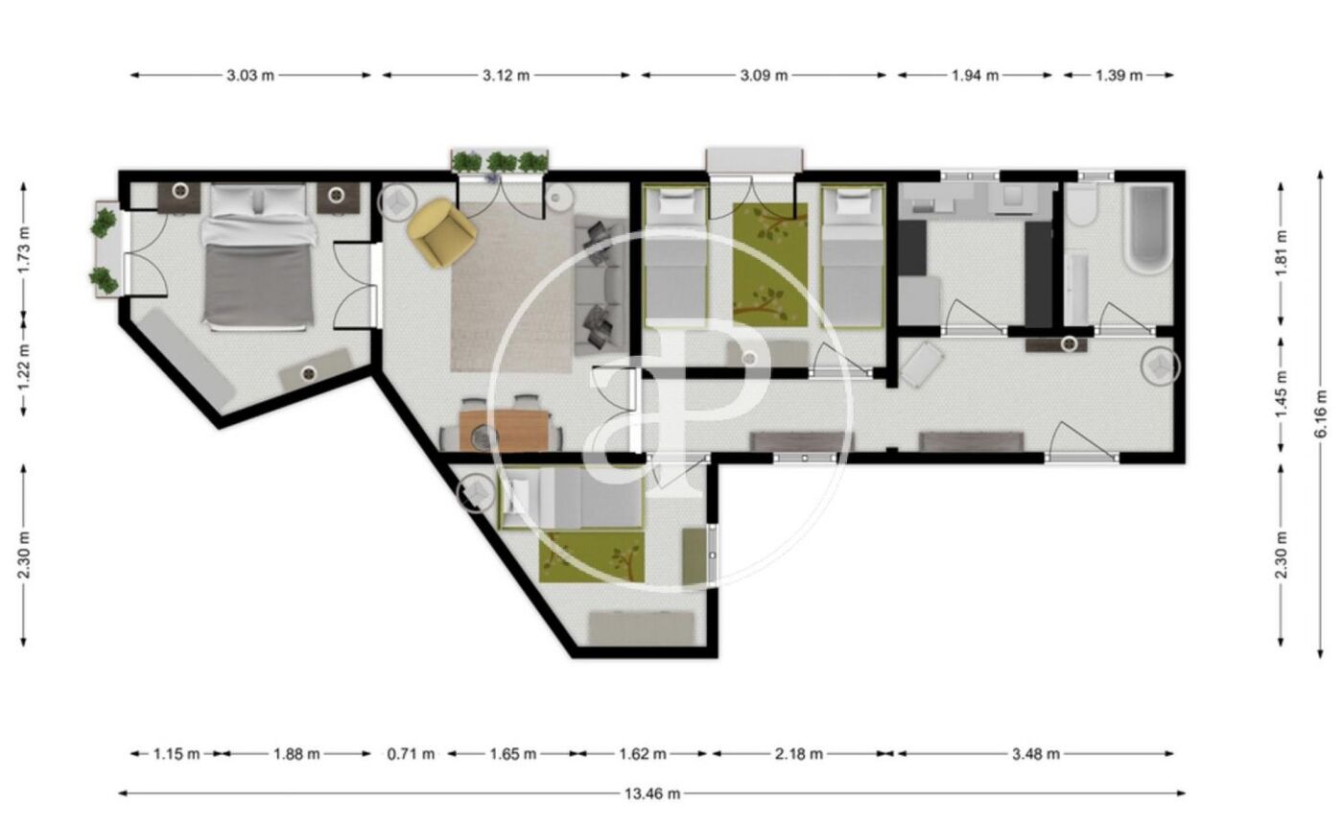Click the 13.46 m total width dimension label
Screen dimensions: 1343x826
coord(652,793)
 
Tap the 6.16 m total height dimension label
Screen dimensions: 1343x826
coord(1321,413)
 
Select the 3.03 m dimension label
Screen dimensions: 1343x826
coord(250,76)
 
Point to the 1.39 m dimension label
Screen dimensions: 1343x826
coord(1119,76)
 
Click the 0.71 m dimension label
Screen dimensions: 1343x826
coord(411,753)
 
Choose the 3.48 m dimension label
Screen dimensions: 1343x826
coord(1035,753)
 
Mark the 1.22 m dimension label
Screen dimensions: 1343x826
coord(24,366)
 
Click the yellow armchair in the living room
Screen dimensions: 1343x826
coord(442,232)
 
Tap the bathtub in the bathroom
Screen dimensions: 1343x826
coord(1148,228)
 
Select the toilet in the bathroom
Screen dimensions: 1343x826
coord(1082,204)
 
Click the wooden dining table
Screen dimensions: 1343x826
coord(505,430)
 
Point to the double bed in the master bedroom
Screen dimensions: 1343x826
coord(258,257)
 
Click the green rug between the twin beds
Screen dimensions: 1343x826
coord(770,265)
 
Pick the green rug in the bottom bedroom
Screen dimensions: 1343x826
coord(592,556)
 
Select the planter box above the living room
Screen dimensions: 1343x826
coord(500,162)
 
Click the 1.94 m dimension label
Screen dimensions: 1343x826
coord(975,76)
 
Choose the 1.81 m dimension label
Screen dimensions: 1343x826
coord(1281,253)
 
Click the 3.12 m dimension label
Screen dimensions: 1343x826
coord(507,76)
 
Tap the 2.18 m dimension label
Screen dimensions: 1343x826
coord(798,753)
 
